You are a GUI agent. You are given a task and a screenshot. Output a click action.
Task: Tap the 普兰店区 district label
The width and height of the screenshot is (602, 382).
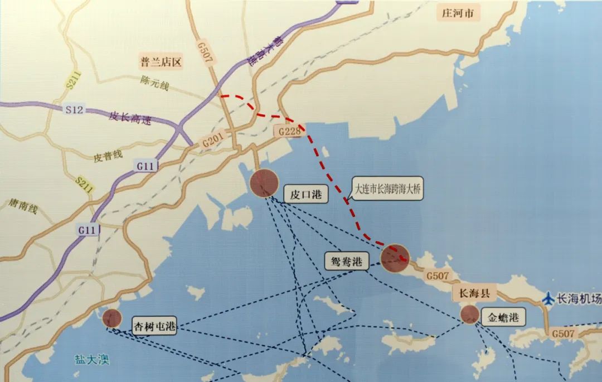pos(161,62)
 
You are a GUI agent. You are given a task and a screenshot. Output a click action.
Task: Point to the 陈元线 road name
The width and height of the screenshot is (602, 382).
pos(154,85)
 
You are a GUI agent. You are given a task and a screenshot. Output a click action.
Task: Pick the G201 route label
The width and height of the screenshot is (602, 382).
pos(212,142)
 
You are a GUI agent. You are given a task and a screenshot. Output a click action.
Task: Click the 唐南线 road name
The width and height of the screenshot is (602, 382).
pos(23,209)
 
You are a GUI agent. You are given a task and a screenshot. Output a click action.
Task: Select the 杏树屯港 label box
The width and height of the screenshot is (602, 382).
pos(154,326)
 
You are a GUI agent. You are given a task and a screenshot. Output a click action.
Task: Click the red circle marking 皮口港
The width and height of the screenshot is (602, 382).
pos(264,183)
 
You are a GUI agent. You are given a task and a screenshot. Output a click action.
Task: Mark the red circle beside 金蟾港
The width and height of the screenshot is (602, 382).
pos(470,315)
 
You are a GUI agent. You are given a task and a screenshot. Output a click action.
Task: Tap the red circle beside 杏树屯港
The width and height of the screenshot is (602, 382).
pos(111,318)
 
